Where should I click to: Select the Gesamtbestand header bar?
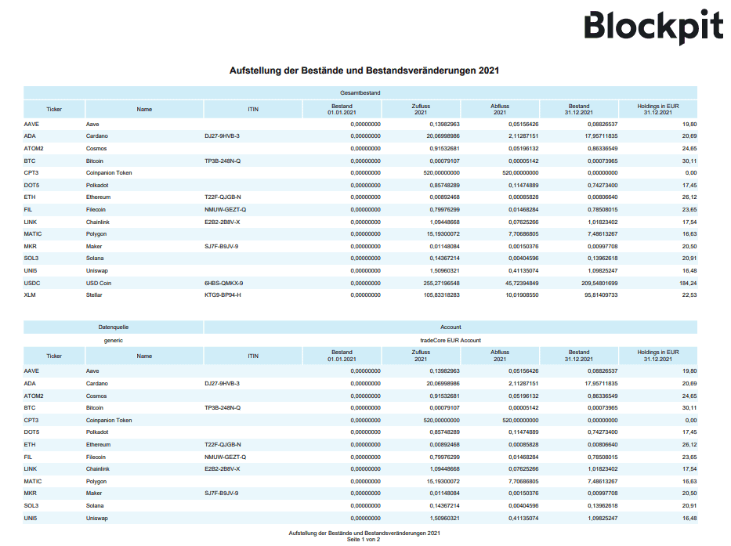pyautogui.click(x=360, y=92)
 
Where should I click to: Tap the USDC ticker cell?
pyautogui.click(x=31, y=283)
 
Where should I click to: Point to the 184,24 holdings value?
pyautogui.click(x=688, y=283)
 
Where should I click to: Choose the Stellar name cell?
pyautogui.click(x=94, y=295)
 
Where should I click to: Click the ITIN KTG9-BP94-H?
pyautogui.click(x=223, y=295)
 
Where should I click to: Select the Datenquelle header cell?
pyautogui.click(x=114, y=327)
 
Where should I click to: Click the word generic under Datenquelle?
pyautogui.click(x=114, y=341)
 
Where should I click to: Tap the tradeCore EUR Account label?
pyautogui.click(x=451, y=341)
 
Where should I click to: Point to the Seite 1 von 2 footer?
pyautogui.click(x=364, y=540)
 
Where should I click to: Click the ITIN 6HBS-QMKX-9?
pyautogui.click(x=224, y=283)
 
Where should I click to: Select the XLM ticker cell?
pyautogui.click(x=29, y=295)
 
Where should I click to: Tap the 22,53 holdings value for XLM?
pyautogui.click(x=689, y=295)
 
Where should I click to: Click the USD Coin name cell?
pyautogui.click(x=99, y=283)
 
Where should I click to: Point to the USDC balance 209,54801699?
pyautogui.click(x=599, y=283)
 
